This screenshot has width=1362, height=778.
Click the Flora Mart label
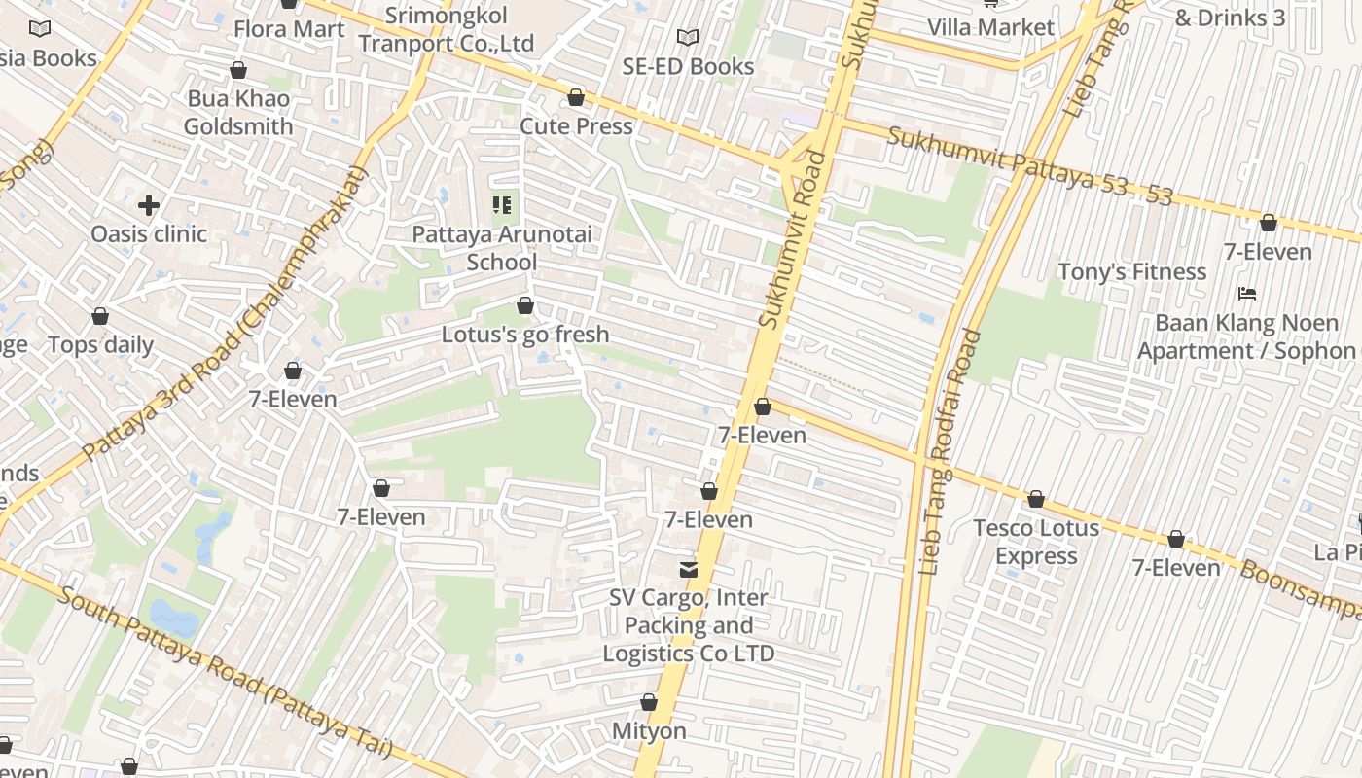coord(289,29)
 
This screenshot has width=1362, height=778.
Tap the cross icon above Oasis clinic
coord(149,205)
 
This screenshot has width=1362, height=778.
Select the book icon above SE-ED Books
coord(688,37)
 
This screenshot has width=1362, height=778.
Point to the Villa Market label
coord(990,27)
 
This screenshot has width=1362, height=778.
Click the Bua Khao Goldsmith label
coord(238,113)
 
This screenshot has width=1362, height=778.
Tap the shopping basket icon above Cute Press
coord(576,97)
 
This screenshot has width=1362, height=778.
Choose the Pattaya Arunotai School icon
coord(502,205)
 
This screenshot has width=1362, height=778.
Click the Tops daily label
coord(100,345)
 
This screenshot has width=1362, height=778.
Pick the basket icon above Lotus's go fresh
coord(525,306)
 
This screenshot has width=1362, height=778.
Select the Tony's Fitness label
coord(1131,272)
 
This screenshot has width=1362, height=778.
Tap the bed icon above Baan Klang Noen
coord(1247,293)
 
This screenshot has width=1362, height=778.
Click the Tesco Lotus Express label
coord(1036,542)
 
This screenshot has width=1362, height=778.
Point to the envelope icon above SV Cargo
coord(689,569)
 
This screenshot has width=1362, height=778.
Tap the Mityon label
coord(649,730)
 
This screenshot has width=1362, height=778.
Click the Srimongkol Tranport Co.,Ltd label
coord(447,30)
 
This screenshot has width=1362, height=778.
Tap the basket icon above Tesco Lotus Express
coord(1036,499)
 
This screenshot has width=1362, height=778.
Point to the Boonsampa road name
coord(1299,587)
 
